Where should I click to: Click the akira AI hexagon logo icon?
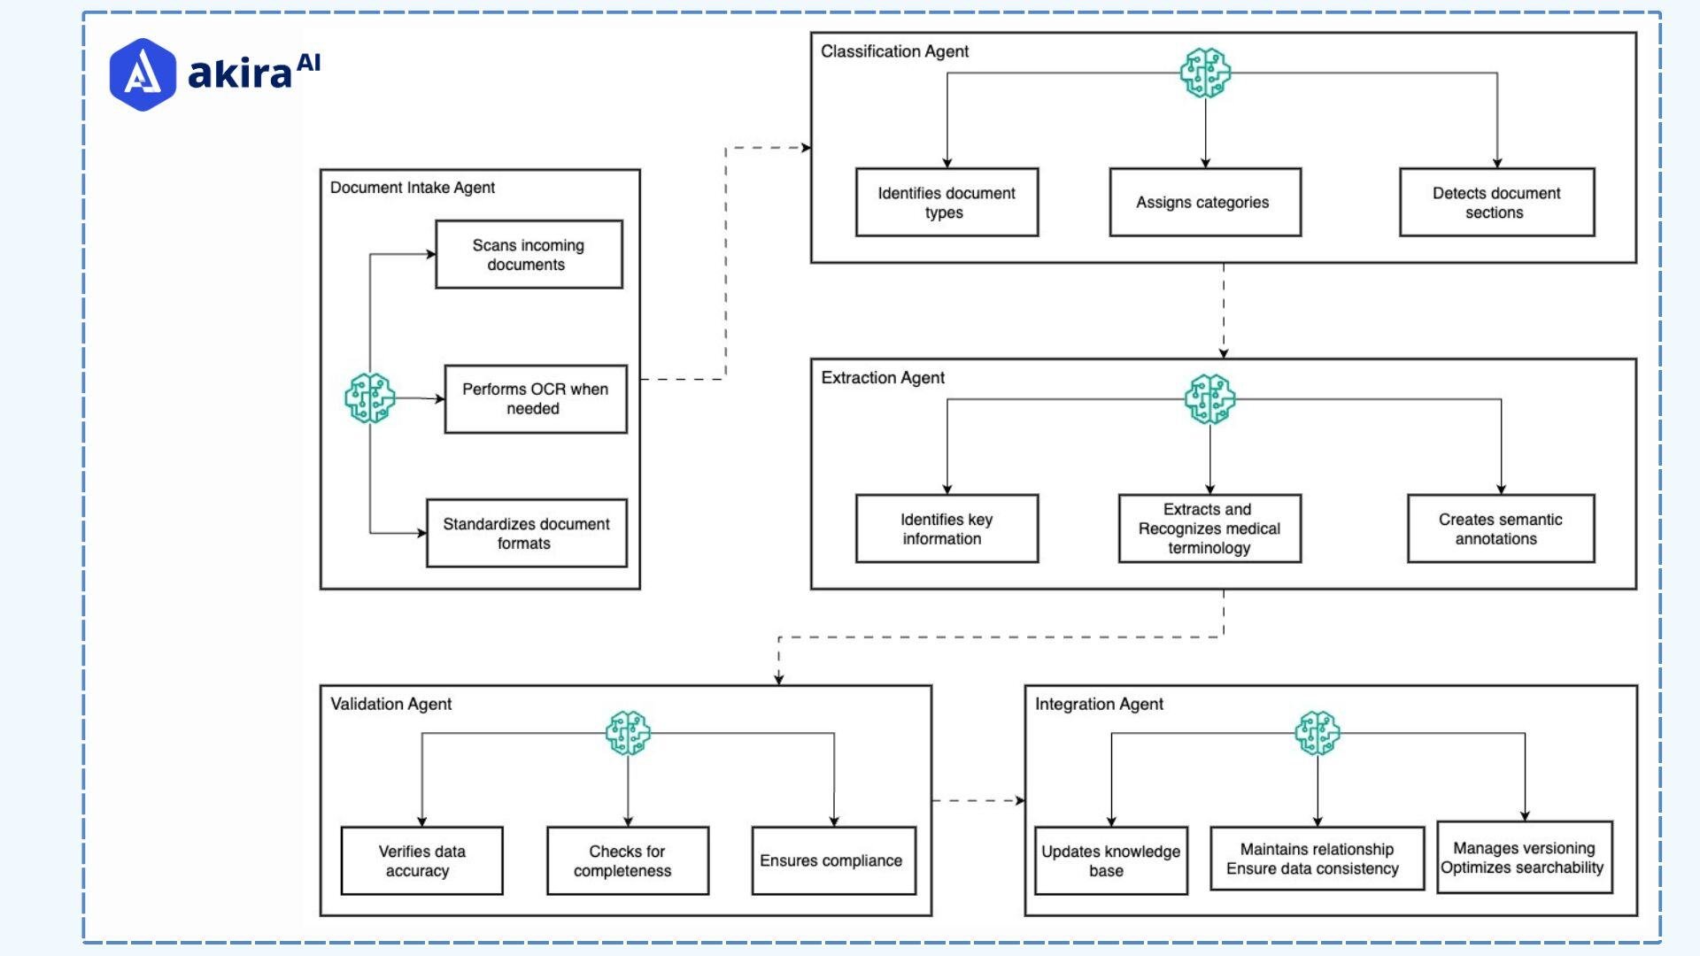142,74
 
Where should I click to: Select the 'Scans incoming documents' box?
529,255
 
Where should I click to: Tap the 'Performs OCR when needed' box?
535,399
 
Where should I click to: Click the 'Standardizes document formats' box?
526,534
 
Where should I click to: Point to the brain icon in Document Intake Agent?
369,397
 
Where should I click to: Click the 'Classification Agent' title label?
894,51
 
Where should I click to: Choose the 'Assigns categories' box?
1204,203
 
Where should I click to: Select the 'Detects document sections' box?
1496,203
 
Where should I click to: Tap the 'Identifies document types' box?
947,203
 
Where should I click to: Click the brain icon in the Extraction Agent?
1209,398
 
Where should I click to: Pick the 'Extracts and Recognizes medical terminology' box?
1209,528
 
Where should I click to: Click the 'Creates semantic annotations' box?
1500,528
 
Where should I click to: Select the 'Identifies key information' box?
947,528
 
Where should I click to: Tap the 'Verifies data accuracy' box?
421,860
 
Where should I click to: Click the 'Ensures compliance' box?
832,860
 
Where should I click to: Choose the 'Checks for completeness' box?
627,860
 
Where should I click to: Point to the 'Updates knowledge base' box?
1110,860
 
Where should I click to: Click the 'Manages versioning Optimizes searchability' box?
1524,858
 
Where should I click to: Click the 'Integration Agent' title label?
1099,704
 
